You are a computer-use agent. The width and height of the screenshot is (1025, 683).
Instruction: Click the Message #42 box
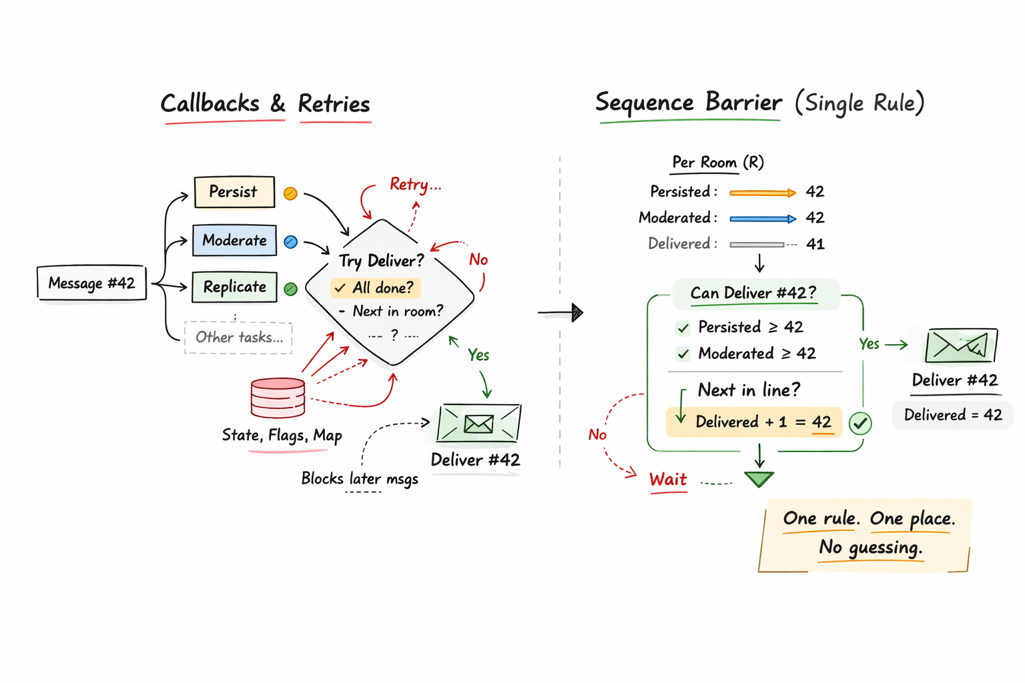pyautogui.click(x=91, y=283)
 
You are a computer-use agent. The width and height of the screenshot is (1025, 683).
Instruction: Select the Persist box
pyautogui.click(x=234, y=192)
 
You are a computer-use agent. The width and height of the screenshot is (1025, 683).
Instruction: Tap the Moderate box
pyautogui.click(x=234, y=240)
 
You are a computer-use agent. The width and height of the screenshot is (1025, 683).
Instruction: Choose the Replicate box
pyautogui.click(x=234, y=287)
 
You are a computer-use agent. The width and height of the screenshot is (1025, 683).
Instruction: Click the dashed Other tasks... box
pyautogui.click(x=238, y=337)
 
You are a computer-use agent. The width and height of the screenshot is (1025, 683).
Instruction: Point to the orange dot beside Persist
pyautogui.click(x=290, y=193)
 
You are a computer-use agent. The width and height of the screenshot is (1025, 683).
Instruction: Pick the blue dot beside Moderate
pyautogui.click(x=290, y=242)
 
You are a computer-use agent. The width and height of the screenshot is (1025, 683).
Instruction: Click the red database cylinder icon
pyautogui.click(x=278, y=398)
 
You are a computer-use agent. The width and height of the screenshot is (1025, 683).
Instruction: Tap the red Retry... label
pyautogui.click(x=415, y=185)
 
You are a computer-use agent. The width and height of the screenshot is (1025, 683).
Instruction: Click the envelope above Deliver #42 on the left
pyautogui.click(x=478, y=424)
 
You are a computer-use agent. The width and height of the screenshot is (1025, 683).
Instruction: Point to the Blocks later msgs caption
pyautogui.click(x=360, y=479)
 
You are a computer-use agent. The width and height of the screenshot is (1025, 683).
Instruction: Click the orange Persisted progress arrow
pyautogui.click(x=763, y=193)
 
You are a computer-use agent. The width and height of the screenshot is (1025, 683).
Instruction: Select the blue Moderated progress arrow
pyautogui.click(x=763, y=219)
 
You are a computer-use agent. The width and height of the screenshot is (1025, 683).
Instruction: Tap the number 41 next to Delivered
pyautogui.click(x=815, y=244)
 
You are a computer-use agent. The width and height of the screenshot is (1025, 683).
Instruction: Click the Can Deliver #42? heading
pyautogui.click(x=753, y=293)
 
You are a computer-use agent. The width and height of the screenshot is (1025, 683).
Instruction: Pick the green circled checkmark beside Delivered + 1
pyautogui.click(x=860, y=423)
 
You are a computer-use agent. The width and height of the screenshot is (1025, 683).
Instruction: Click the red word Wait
pyautogui.click(x=668, y=480)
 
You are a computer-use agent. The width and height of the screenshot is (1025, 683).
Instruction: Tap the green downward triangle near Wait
pyautogui.click(x=759, y=479)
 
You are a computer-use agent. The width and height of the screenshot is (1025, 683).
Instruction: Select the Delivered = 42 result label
pyautogui.click(x=952, y=415)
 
